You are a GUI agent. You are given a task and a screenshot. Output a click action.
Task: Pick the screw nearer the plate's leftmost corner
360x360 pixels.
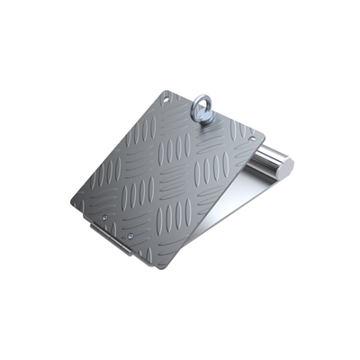click(105, 217)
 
